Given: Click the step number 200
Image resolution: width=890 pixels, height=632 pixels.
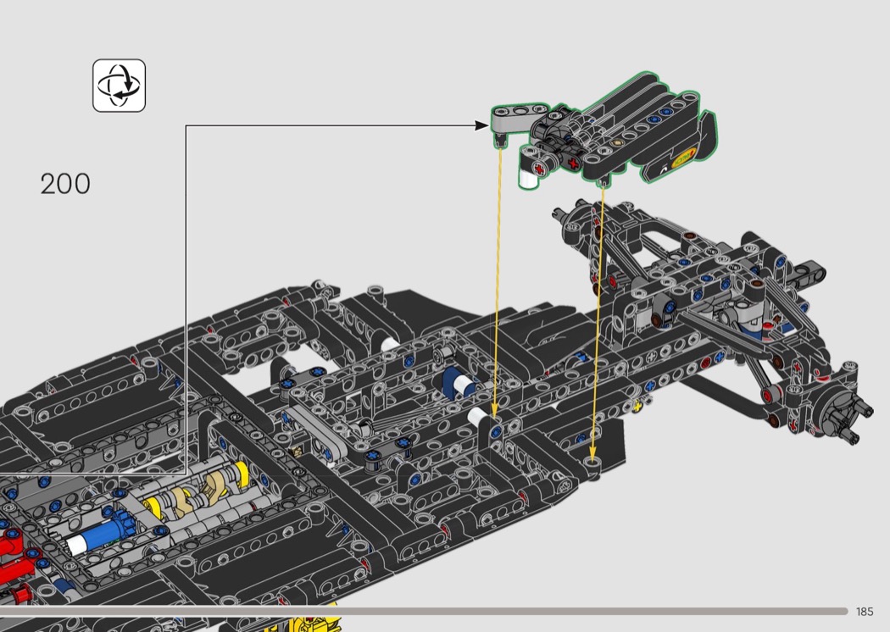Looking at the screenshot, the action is point(65,184).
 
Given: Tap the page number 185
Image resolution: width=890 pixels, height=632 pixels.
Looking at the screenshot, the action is point(865,612).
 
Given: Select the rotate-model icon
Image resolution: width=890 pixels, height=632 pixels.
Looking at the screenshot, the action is point(120,85).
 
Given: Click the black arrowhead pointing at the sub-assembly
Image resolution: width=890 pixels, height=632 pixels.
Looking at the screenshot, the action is point(481,125).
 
